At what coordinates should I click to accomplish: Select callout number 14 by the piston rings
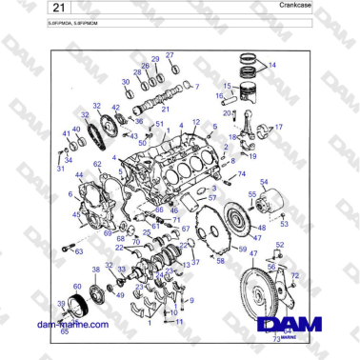click(272, 65)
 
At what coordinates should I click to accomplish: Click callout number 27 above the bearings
click(170, 55)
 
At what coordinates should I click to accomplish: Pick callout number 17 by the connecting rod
click(279, 127)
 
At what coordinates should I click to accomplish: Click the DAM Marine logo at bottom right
click(282, 324)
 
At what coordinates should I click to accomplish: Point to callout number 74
click(241, 174)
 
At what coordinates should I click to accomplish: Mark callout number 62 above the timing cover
click(96, 164)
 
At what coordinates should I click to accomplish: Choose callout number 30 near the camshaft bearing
click(125, 82)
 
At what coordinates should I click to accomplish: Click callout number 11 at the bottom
click(179, 321)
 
